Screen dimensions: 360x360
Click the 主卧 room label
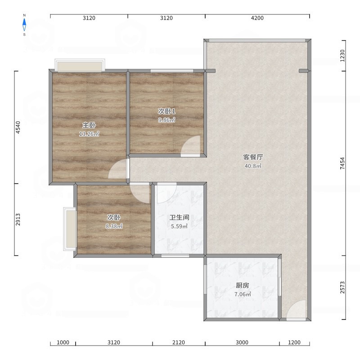click(x=89, y=125)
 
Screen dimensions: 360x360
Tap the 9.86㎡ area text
click(x=166, y=120)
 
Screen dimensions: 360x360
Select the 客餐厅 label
click(x=253, y=157)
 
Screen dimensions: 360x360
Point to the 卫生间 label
click(x=179, y=217)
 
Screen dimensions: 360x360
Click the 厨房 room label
click(x=243, y=285)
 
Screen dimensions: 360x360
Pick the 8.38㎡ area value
click(x=114, y=226)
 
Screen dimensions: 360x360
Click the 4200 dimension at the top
click(x=257, y=18)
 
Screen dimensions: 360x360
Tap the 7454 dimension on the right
click(x=342, y=163)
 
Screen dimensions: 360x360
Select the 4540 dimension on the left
click(x=18, y=127)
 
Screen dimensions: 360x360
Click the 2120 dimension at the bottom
click(x=179, y=342)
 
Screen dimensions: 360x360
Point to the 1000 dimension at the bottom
click(x=63, y=342)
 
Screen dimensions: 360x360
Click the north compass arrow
click(x=24, y=25)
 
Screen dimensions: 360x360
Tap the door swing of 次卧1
click(x=190, y=146)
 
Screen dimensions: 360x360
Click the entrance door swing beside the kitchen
click(x=296, y=310)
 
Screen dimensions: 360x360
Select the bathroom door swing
click(x=166, y=193)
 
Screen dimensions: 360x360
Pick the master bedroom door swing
click(x=117, y=169)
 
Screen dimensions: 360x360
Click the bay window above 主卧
click(x=80, y=65)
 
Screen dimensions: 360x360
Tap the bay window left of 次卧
click(x=70, y=229)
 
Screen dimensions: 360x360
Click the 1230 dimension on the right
click(x=342, y=55)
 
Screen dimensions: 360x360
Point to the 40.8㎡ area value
click(x=253, y=166)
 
